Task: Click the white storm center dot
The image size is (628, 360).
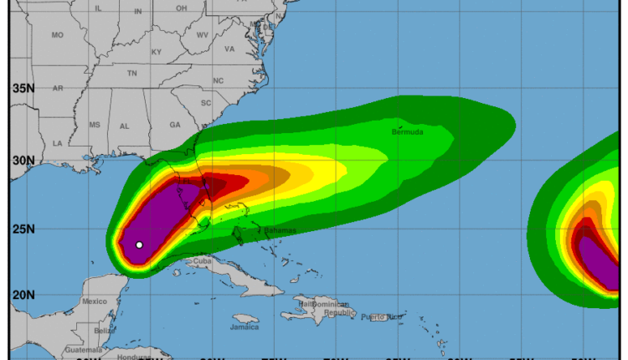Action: tap(139, 244)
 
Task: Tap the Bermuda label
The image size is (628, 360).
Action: tap(407, 132)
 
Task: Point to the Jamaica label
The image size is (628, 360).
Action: tap(245, 327)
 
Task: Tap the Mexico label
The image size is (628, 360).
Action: tap(94, 301)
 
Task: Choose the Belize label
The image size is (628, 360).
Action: tap(105, 331)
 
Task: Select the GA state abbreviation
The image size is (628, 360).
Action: tap(175, 125)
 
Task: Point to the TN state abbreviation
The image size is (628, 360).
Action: tap(131, 74)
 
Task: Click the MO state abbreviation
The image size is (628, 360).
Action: tap(57, 35)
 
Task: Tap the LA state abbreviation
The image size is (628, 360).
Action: tap(57, 143)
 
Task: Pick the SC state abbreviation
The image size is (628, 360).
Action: tap(205, 102)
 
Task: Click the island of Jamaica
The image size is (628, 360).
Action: tap(245, 319)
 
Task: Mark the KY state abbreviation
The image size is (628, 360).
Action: tap(157, 52)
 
